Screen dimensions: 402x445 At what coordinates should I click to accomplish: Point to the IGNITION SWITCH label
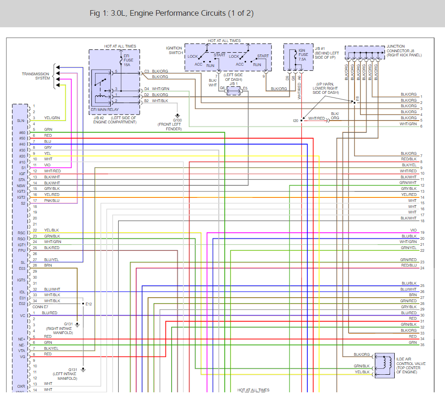coord(174,50)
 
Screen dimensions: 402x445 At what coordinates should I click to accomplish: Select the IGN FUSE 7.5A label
coord(302,55)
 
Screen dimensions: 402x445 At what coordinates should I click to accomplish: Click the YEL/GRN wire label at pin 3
coord(52,118)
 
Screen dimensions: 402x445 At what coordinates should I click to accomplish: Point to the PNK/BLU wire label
coord(52,201)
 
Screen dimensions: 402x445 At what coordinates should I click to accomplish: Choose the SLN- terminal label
coord(20,121)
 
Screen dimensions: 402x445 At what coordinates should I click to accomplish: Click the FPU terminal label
coord(21,250)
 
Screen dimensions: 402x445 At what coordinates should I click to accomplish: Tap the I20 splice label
coord(295,120)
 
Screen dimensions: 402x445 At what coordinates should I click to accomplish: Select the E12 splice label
coord(89,304)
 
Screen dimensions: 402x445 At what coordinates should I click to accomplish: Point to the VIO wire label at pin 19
coord(413,230)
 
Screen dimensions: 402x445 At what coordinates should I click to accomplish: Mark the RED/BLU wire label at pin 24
coord(409,266)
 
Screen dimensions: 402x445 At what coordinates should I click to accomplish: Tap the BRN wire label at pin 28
coord(48,266)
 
